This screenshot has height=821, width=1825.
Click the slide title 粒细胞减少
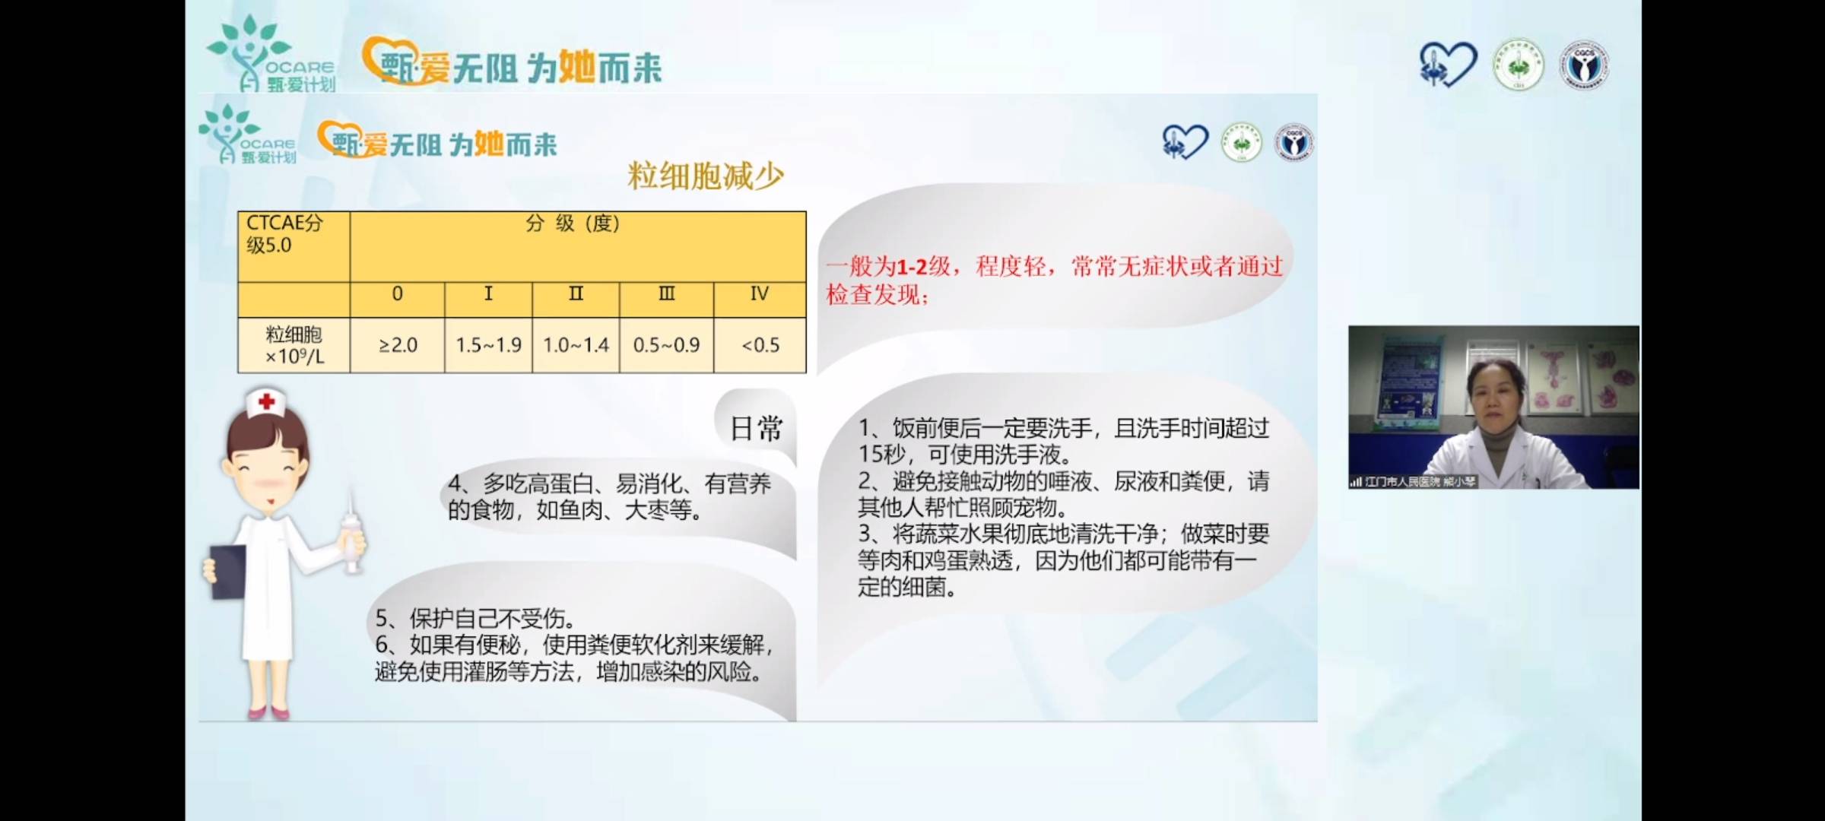click(x=705, y=176)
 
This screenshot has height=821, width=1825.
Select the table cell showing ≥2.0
click(x=398, y=345)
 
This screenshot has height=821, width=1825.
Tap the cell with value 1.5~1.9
click(x=488, y=345)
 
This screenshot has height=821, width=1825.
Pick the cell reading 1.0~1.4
click(x=576, y=345)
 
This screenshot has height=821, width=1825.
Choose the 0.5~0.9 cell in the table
click(x=666, y=345)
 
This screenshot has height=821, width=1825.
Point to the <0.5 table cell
click(x=760, y=345)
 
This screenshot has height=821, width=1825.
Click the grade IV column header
click(x=759, y=294)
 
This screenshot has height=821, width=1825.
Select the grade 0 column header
click(x=397, y=294)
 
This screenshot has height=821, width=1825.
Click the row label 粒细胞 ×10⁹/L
click(x=294, y=345)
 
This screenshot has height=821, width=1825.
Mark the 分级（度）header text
click(x=573, y=223)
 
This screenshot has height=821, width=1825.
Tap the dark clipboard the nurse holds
click(x=227, y=570)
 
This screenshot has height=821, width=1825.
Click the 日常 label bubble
click(x=756, y=429)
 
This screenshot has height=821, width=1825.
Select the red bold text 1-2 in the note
click(x=912, y=267)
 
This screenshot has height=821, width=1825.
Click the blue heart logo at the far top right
click(x=1447, y=65)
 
